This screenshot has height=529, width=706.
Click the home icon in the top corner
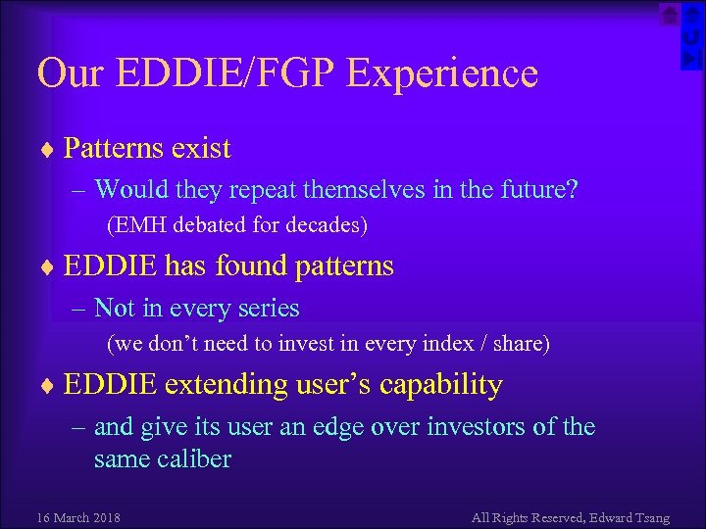pos(669,15)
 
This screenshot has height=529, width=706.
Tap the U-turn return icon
pos(691,37)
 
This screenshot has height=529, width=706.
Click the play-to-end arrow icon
pos(691,60)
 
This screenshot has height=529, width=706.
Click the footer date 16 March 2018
pos(78,517)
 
